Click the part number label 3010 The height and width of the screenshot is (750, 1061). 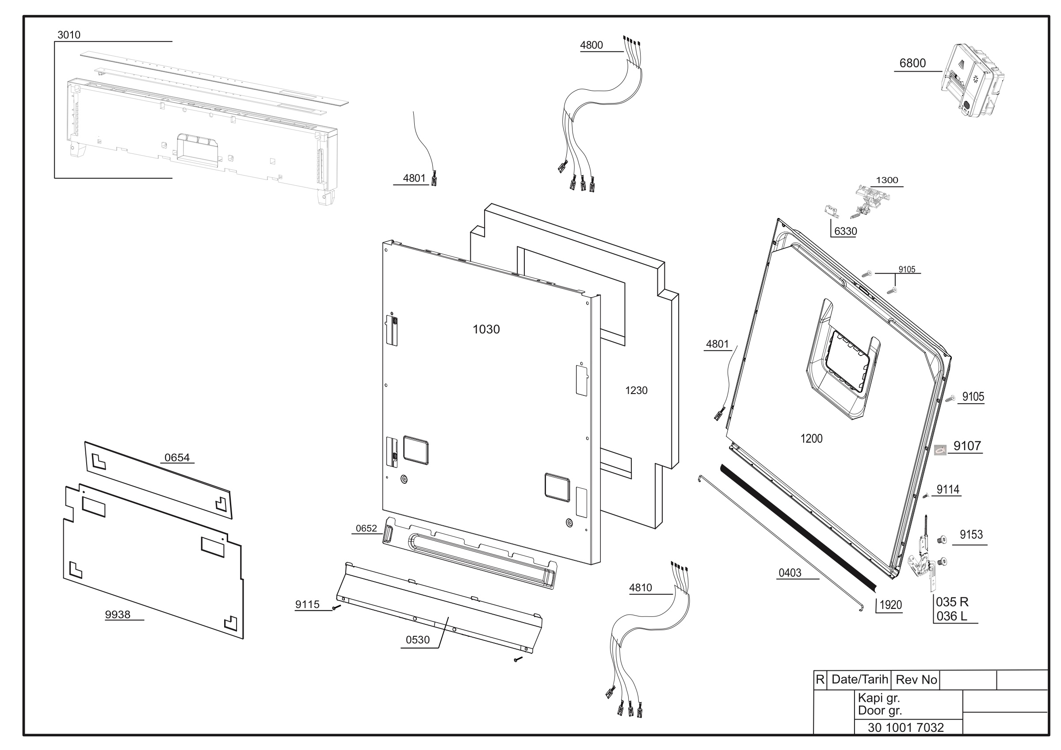(x=69, y=34)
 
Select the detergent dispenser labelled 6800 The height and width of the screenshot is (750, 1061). (x=973, y=80)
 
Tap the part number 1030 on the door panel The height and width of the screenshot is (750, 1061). (x=486, y=329)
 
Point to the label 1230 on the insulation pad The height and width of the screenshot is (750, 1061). (x=636, y=390)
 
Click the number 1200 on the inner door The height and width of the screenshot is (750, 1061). (x=812, y=439)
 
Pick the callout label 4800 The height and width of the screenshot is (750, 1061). (x=592, y=45)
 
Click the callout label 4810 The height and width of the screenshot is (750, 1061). (x=641, y=587)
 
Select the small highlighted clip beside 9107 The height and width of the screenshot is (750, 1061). (x=940, y=450)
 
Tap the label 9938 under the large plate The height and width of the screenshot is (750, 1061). (x=118, y=614)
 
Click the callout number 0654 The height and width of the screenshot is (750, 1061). (x=177, y=458)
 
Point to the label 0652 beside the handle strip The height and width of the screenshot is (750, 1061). (x=366, y=528)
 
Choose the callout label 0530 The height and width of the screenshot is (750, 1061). (x=418, y=639)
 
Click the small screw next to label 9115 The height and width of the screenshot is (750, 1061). (x=337, y=607)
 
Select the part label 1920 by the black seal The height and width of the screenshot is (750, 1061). (x=890, y=605)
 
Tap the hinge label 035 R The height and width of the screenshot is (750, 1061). (x=952, y=602)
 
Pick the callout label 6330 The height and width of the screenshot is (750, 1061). (x=845, y=231)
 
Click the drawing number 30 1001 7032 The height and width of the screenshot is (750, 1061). (x=906, y=727)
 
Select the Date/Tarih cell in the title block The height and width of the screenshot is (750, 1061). (x=859, y=679)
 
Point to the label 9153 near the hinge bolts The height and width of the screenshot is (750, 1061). (x=971, y=534)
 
